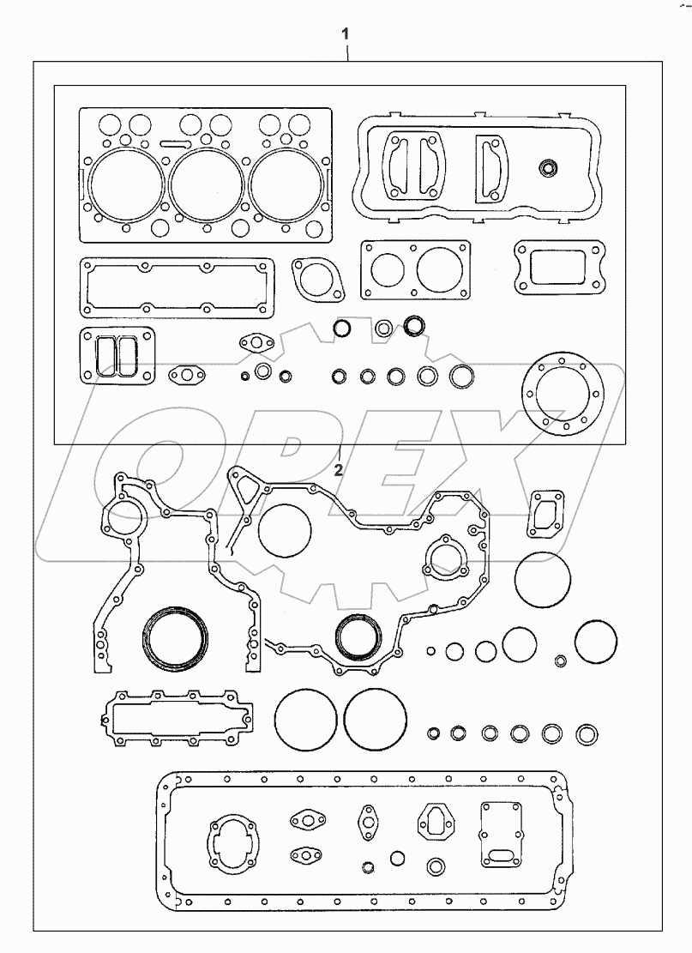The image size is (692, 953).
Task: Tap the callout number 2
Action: point(339,469)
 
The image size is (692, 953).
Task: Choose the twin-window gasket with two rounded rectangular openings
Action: point(116,354)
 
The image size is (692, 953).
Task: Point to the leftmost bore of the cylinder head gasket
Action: point(125,182)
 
